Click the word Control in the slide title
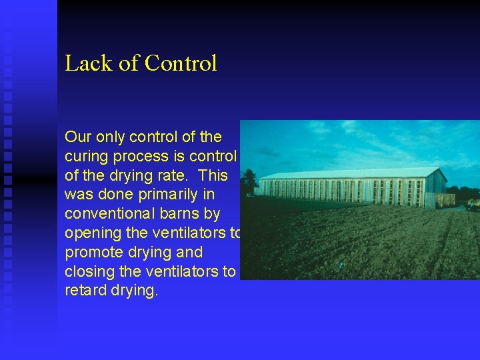click(181, 63)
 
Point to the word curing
click(85, 157)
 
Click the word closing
click(89, 272)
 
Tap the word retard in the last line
click(84, 291)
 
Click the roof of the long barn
click(347, 173)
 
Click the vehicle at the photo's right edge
click(473, 204)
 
